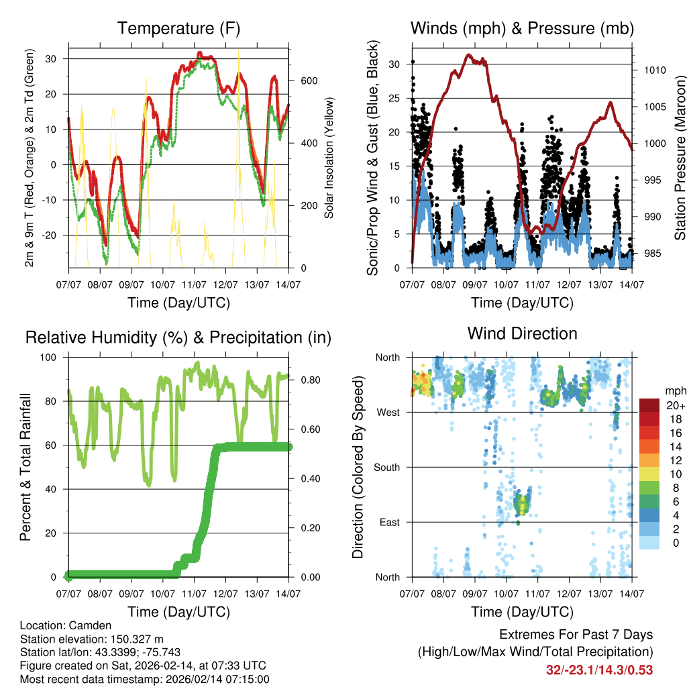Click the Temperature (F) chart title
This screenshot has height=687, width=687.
tap(178, 29)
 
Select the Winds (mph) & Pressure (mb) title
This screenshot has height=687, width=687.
tap(522, 29)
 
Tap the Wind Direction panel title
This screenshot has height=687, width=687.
tap(522, 333)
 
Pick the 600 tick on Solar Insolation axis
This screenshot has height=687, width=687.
tap(308, 81)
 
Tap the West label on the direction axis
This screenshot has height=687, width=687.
tap(388, 413)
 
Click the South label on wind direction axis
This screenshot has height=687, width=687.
tap(386, 468)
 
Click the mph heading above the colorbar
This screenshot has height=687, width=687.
tap(674, 390)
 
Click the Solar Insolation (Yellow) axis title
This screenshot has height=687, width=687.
tap(329, 158)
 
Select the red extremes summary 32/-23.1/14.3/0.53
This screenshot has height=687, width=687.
tap(599, 670)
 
